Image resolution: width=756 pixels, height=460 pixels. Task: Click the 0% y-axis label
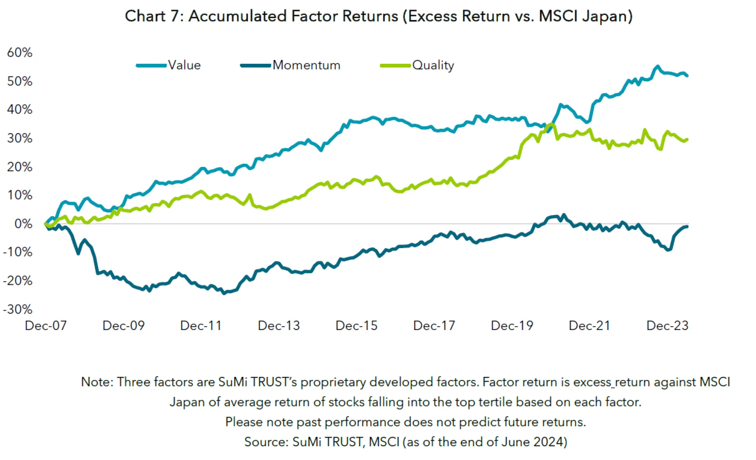click(x=23, y=224)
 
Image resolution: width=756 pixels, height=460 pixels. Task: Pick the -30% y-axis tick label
click(x=18, y=309)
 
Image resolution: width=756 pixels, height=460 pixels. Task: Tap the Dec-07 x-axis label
click(x=46, y=326)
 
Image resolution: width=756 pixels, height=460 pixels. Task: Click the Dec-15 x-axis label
click(x=356, y=326)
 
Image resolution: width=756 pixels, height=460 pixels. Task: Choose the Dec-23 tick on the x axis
click(x=667, y=326)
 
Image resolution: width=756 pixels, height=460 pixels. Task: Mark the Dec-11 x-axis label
click(x=201, y=326)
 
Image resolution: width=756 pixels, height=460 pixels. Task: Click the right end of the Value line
click(x=687, y=75)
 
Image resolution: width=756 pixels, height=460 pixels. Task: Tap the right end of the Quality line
click(x=687, y=139)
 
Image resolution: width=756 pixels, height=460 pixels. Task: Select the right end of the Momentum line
click(x=687, y=226)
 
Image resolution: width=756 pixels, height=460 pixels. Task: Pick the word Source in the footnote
click(x=265, y=442)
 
